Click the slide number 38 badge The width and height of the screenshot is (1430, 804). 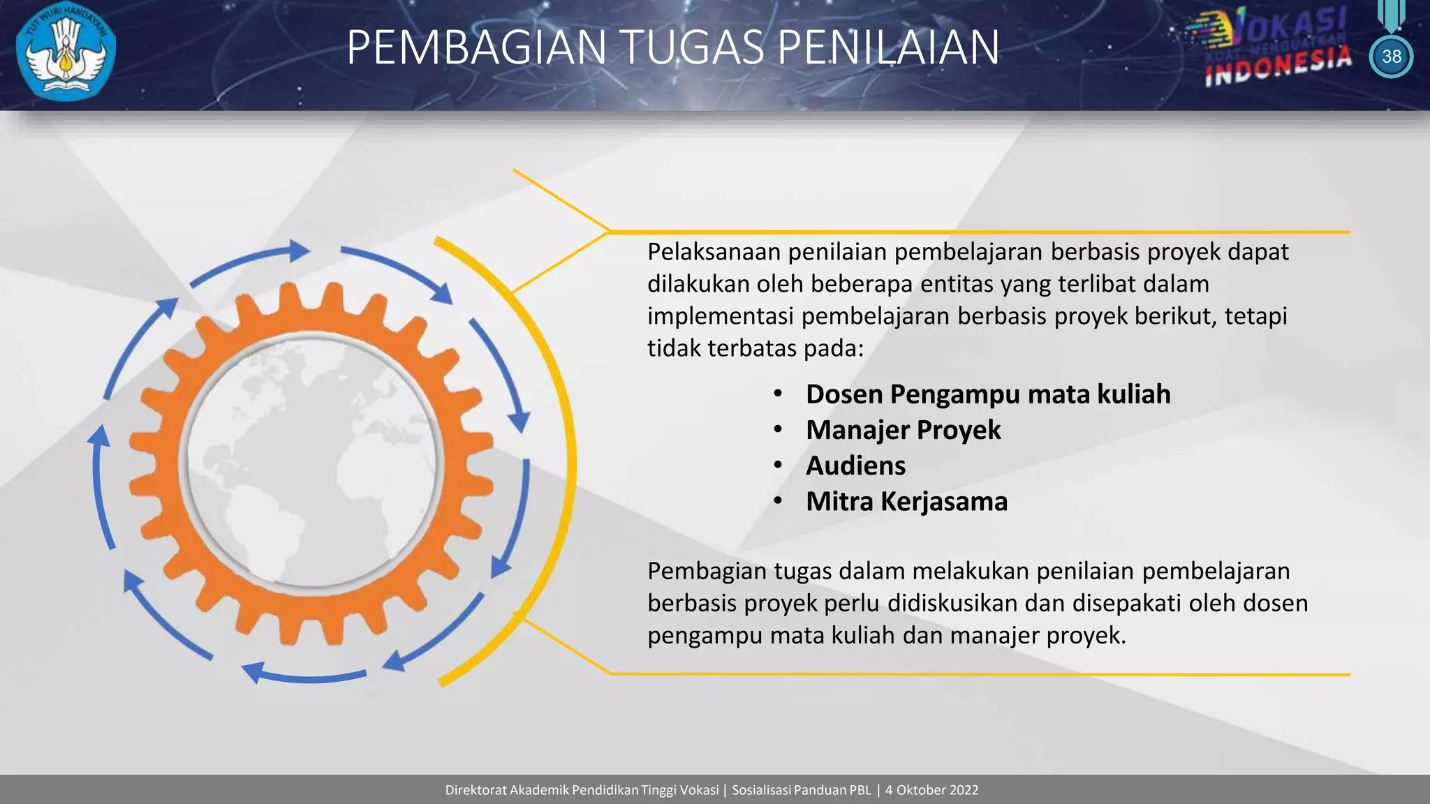pyautogui.click(x=1391, y=57)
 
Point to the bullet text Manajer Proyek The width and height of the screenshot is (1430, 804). pyautogui.click(x=903, y=430)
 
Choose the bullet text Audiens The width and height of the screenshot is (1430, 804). pyautogui.click(x=855, y=466)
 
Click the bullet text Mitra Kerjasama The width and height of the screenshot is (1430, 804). pyautogui.click(x=906, y=501)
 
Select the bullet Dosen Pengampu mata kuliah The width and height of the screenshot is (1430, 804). pyautogui.click(x=987, y=394)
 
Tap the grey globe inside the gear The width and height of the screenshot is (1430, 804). pyautogui.click(x=311, y=461)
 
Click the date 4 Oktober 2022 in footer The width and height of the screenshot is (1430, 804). pyautogui.click(x=931, y=790)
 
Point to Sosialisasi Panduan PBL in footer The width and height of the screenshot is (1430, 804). pyautogui.click(x=801, y=790)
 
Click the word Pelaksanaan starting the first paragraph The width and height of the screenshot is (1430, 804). pyautogui.click(x=714, y=252)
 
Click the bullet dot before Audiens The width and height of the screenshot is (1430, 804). pyautogui.click(x=778, y=466)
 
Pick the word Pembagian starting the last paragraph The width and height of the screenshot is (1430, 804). pyautogui.click(x=707, y=571)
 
